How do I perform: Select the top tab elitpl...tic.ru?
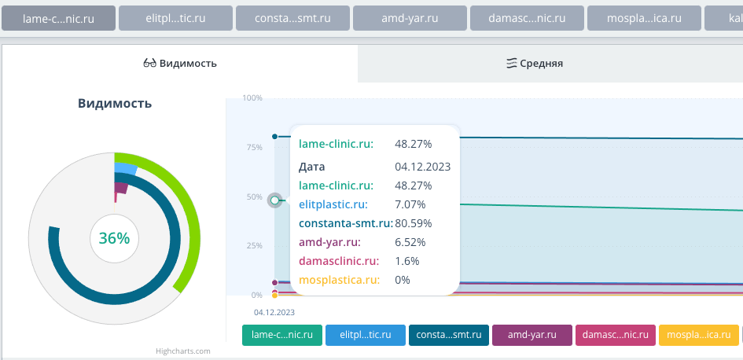[x=175, y=18]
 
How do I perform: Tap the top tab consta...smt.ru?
[x=292, y=18]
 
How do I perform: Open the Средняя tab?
[x=535, y=64]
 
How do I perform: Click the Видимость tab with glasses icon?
[x=180, y=64]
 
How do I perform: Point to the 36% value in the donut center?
[x=114, y=238]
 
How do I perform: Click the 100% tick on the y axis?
[x=252, y=98]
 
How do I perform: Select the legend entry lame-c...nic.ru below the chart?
[x=282, y=335]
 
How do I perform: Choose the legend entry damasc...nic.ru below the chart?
[x=616, y=335]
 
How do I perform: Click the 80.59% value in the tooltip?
[x=413, y=223]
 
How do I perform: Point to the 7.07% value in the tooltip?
[x=410, y=204]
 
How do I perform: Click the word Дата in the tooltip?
[x=312, y=167]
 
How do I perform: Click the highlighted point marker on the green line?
[x=274, y=200]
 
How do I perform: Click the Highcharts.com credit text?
[x=182, y=351]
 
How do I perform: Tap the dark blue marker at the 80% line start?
[x=274, y=137]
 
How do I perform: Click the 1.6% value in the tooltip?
[x=406, y=261]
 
